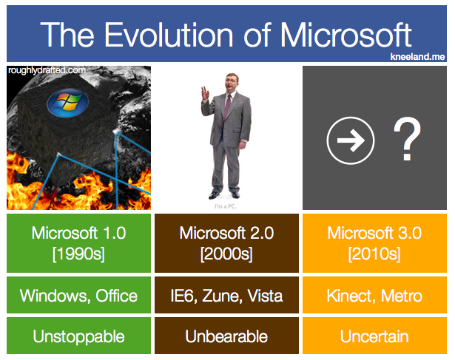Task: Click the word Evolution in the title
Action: coord(169,35)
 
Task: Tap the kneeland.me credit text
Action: coord(417,56)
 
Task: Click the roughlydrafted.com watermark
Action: coord(47,70)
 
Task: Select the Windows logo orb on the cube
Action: coord(67,103)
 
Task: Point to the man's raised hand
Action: coord(205,93)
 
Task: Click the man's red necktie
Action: coord(226,108)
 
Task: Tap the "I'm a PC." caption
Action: coord(225,206)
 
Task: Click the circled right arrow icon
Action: coord(351,140)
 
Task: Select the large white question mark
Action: coord(407,138)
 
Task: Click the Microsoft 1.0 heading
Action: coord(78,233)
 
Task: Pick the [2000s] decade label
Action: coord(226,254)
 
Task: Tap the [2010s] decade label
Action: coord(374,254)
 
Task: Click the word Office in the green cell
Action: coord(117,296)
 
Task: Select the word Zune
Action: coord(222,296)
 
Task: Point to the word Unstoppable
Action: coord(78,336)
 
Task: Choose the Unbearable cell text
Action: coord(226,336)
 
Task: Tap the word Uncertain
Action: coord(374,336)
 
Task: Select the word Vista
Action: coord(265,296)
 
